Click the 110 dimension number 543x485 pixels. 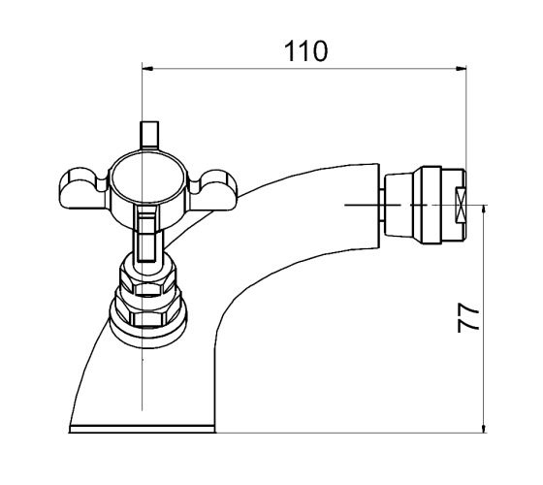[x=305, y=51]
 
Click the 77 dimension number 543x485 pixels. [x=468, y=318]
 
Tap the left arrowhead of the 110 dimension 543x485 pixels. [x=147, y=68]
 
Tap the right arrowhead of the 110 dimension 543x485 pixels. [x=461, y=68]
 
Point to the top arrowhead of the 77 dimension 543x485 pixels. [x=484, y=210]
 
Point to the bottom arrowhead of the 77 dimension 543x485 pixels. [x=484, y=428]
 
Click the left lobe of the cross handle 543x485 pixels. [x=83, y=189]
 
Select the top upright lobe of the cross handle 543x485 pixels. [x=149, y=135]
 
